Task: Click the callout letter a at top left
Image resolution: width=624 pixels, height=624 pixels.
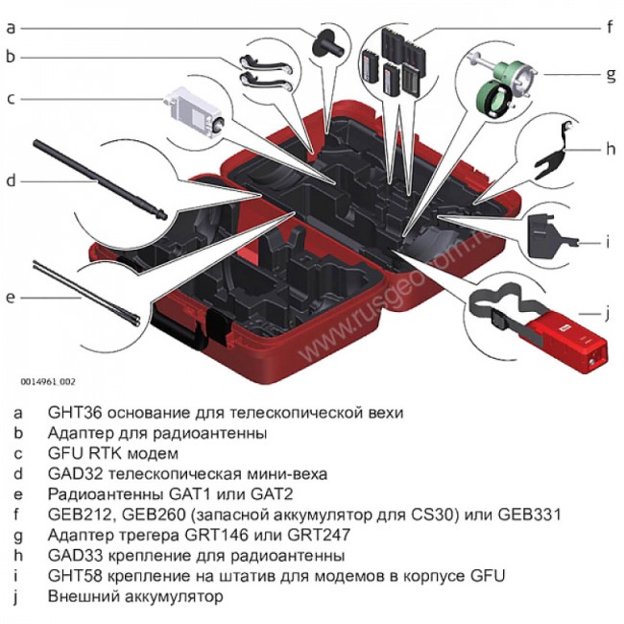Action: [11, 28]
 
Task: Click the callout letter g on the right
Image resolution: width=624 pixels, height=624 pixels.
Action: [608, 73]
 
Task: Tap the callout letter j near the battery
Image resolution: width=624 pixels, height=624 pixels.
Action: [608, 313]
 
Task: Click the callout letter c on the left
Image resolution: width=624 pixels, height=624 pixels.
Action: [11, 98]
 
